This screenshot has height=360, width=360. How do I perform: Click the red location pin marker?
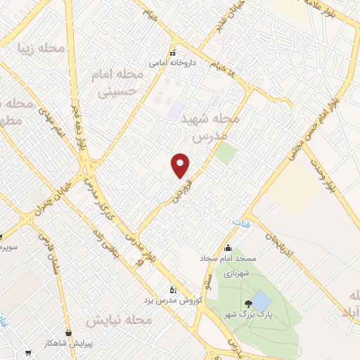click(181, 165)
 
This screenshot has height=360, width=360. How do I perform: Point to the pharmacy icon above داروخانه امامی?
click(172, 53)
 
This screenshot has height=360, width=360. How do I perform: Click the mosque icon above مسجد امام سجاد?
click(227, 248)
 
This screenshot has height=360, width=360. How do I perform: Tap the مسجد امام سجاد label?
click(227, 259)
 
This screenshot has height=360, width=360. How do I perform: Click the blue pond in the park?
click(260, 301)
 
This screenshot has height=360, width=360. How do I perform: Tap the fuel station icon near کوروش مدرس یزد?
click(174, 289)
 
